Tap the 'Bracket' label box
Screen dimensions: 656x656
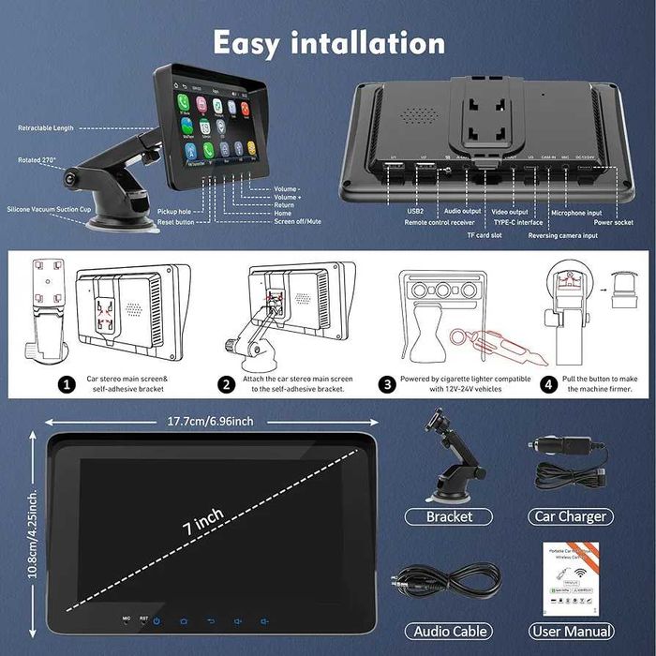(449, 516)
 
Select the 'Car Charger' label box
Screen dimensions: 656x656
(571, 516)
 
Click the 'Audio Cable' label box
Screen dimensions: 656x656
(451, 632)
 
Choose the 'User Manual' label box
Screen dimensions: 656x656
(571, 632)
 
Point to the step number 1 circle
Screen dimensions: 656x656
(66, 384)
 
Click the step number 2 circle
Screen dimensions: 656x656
(227, 384)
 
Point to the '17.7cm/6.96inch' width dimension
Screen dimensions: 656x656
(211, 421)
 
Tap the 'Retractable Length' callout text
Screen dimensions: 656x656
(44, 127)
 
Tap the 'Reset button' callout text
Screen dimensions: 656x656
(176, 222)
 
